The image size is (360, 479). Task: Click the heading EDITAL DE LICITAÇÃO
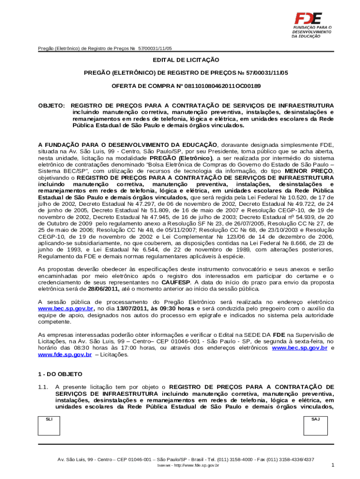(186, 60)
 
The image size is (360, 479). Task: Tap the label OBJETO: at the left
(51, 105)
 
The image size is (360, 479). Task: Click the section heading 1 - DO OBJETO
(60, 374)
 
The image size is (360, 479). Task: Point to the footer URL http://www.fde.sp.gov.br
(197, 466)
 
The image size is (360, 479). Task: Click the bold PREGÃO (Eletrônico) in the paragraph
(180, 158)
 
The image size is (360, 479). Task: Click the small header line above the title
(105, 49)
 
